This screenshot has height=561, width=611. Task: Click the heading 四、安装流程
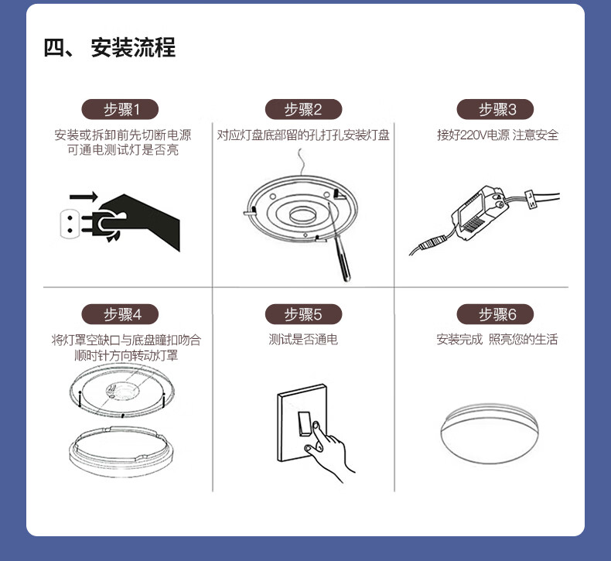click(x=109, y=47)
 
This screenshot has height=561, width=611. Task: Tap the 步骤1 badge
click(x=120, y=109)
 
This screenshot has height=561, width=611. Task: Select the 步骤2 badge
click(x=303, y=109)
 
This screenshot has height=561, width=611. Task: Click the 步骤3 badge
click(x=495, y=109)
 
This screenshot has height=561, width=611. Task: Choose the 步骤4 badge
click(x=120, y=314)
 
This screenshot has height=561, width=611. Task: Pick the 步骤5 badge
click(x=303, y=314)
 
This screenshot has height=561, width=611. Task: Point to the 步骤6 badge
click(x=495, y=314)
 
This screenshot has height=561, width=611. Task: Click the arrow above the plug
click(x=84, y=197)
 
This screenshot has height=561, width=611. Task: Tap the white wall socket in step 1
click(x=70, y=224)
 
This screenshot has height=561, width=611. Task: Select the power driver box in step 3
click(x=479, y=212)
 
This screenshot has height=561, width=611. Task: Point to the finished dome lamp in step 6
click(x=490, y=434)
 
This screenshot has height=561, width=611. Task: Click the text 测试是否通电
click(x=303, y=340)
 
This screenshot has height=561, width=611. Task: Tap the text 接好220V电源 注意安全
click(x=497, y=135)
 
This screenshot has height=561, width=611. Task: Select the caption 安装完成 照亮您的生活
click(x=497, y=340)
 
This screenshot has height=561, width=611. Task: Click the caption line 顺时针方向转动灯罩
click(x=126, y=355)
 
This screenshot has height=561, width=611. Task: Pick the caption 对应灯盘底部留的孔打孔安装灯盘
click(x=303, y=135)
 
